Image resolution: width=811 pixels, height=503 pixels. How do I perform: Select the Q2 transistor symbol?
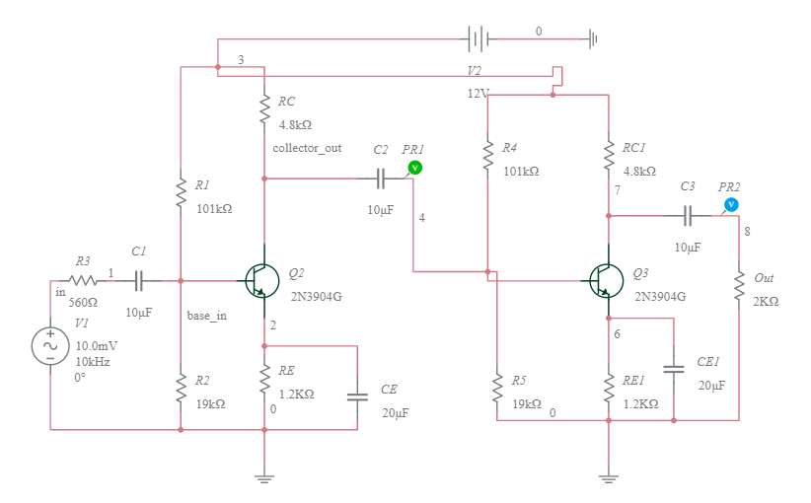[x=259, y=280]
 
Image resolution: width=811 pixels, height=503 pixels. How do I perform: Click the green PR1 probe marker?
[x=415, y=168]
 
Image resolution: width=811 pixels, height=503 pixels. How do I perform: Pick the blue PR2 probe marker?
[x=730, y=204]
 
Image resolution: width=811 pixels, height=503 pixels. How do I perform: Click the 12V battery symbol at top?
[x=478, y=39]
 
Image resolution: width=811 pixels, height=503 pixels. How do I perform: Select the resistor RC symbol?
[x=264, y=109]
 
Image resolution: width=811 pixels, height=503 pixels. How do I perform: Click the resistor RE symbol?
[x=264, y=377]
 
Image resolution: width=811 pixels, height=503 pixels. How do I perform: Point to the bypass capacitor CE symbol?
[x=357, y=396]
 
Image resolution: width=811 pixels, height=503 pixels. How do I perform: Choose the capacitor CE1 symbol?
[x=674, y=369]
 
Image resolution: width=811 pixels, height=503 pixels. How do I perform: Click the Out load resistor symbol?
[x=738, y=287]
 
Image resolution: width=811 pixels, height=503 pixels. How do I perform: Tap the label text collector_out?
[x=308, y=148]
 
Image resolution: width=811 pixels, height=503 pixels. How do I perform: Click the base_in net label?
[x=207, y=317]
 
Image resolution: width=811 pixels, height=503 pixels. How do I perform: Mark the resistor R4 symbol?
[x=487, y=154]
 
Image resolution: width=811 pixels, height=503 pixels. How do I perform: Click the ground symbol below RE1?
[x=609, y=479]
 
